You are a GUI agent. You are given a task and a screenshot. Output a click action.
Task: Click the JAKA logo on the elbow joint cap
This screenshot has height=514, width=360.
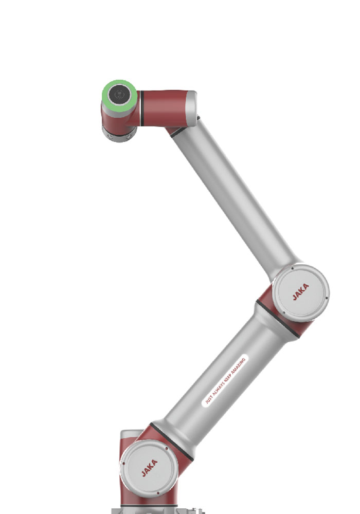pyautogui.click(x=301, y=292)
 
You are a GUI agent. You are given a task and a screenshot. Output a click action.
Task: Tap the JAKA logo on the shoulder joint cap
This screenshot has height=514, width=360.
pyautogui.click(x=150, y=468)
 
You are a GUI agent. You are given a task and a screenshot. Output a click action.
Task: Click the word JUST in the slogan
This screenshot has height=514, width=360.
pyautogui.click(x=209, y=399)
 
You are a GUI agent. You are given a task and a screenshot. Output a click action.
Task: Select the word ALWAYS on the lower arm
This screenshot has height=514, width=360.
pyautogui.click(x=218, y=388)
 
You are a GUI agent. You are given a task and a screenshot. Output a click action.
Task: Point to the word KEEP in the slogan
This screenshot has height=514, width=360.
pyautogui.click(x=227, y=377)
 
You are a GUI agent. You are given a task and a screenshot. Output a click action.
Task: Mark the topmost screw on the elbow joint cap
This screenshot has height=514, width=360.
pyautogui.click(x=292, y=268)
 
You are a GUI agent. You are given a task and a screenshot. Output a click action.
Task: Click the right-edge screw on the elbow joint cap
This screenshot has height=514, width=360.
pyautogui.click(x=327, y=298)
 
